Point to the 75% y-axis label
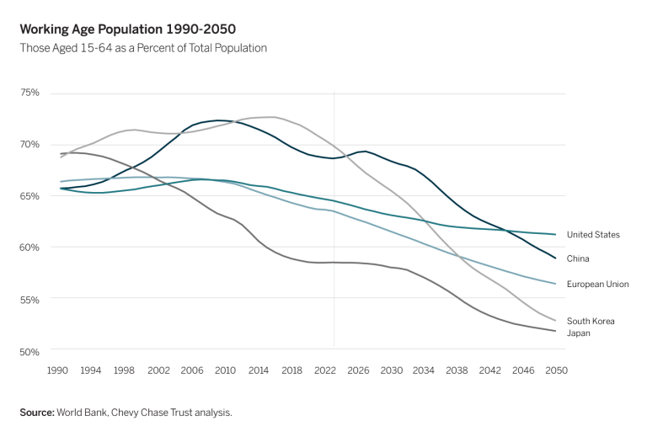pyautogui.click(x=30, y=93)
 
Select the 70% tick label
pyautogui.click(x=30, y=144)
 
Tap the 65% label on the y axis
pyautogui.click(x=30, y=195)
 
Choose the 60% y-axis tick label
pyautogui.click(x=30, y=247)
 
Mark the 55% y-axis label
pyautogui.click(x=30, y=298)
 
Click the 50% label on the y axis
pyautogui.click(x=30, y=349)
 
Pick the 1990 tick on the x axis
pyautogui.click(x=57, y=369)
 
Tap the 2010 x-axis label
pyautogui.click(x=224, y=369)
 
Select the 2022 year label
pyautogui.click(x=323, y=369)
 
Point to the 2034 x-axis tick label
pyautogui.click(x=423, y=369)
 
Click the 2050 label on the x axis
pyautogui.click(x=556, y=369)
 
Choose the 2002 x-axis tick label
pyautogui.click(x=158, y=369)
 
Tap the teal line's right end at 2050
pyautogui.click(x=556, y=234)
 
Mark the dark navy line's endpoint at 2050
pyautogui.click(x=556, y=258)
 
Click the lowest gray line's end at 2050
pyautogui.click(x=556, y=331)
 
